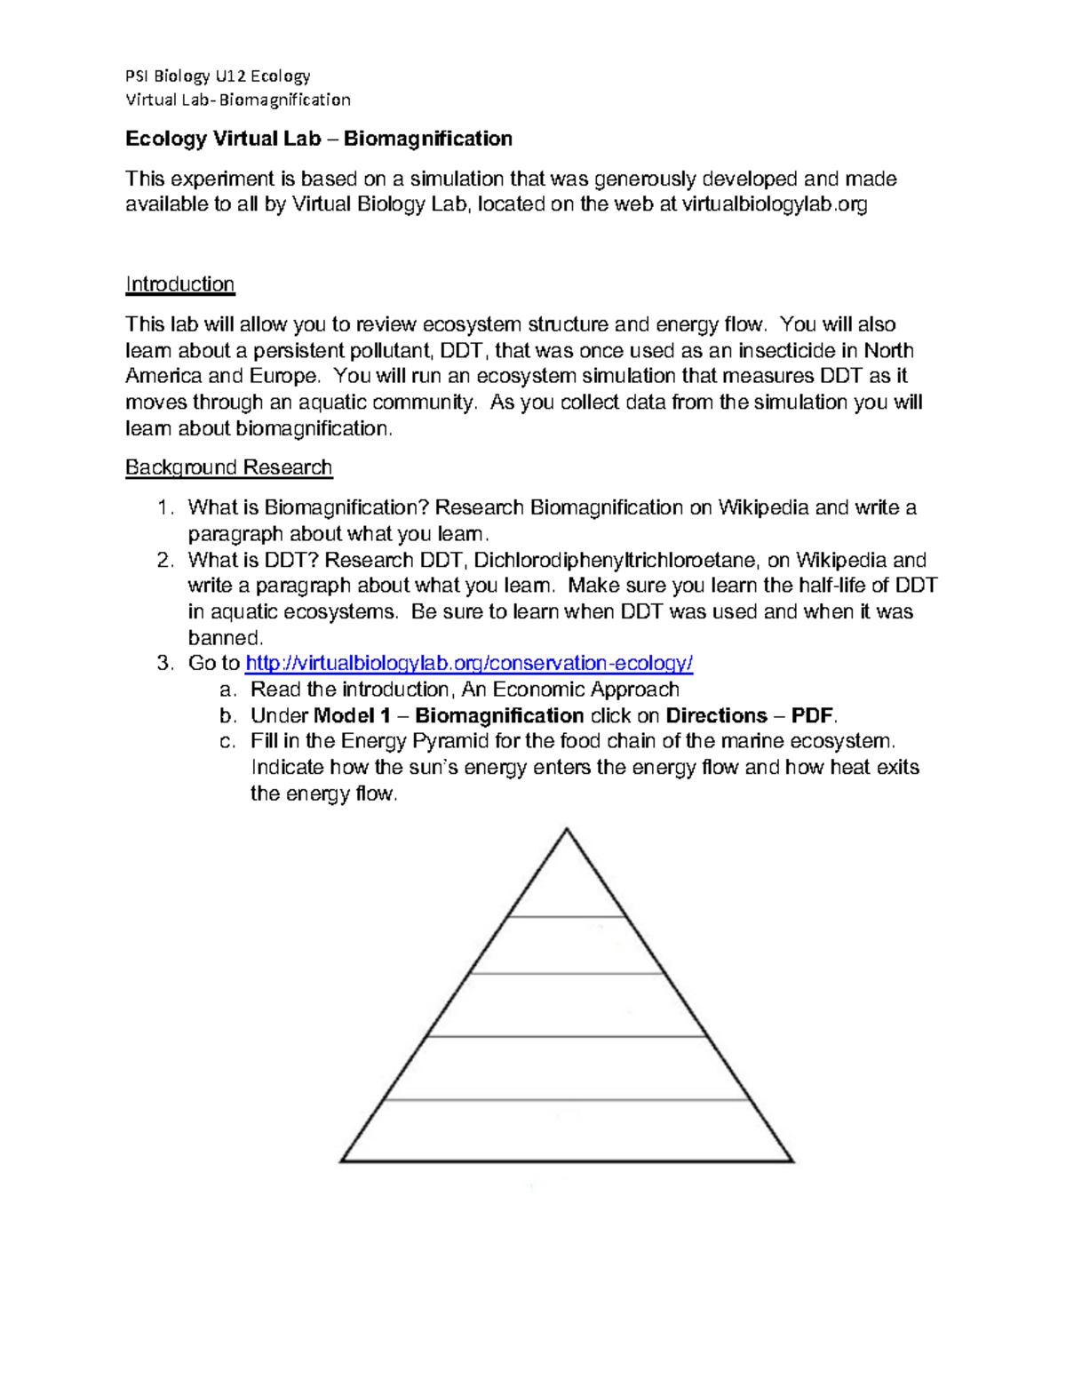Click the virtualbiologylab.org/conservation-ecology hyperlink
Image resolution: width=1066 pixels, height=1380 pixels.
468,664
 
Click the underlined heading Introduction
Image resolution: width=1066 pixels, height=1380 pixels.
179,284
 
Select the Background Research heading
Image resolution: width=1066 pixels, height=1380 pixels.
228,467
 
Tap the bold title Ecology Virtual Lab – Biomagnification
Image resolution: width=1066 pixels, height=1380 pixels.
318,139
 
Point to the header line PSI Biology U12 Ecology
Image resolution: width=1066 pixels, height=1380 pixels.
218,76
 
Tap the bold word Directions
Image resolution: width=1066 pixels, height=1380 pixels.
716,716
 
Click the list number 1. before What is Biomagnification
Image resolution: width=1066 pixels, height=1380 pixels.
165,508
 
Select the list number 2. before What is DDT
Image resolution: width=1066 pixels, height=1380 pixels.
165,560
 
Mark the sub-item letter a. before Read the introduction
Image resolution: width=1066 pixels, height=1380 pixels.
227,690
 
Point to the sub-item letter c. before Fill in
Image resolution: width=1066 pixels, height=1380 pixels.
227,742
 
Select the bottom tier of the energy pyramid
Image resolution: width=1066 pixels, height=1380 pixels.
567,1131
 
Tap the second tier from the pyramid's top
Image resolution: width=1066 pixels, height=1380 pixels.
567,945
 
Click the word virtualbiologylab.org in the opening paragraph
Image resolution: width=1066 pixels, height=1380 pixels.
774,204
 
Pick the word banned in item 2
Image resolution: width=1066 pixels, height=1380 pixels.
225,638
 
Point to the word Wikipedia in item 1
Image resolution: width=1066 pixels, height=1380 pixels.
763,508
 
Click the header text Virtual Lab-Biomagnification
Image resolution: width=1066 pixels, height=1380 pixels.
237,100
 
